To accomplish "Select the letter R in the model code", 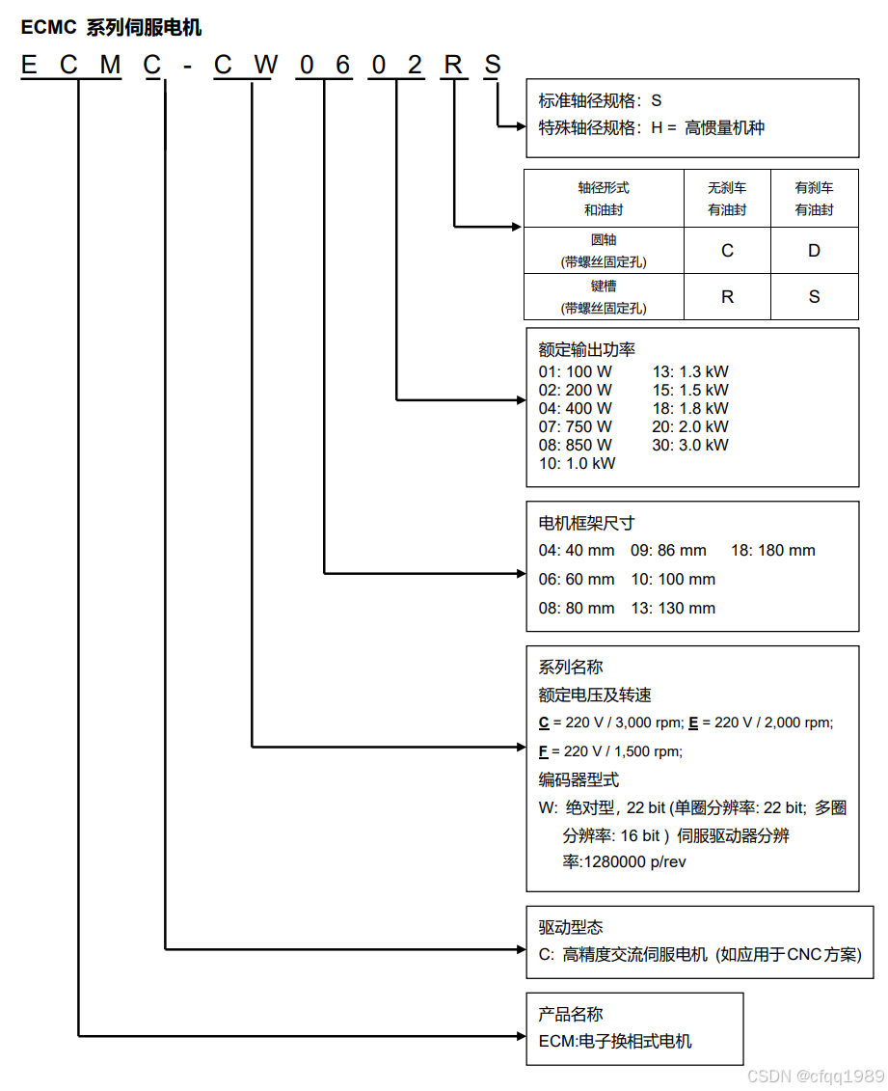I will coord(452,66).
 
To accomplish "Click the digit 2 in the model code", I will coord(414,66).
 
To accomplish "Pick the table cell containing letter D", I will coord(814,251).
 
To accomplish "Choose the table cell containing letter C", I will coord(727,251).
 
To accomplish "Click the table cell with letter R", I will coord(727,297).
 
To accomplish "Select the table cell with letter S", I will coord(814,297).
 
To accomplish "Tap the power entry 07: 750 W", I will coord(575,426).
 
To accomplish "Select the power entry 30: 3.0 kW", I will coord(689,445).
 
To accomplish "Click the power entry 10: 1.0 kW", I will coord(577,463).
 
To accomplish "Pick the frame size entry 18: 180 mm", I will coord(772,551).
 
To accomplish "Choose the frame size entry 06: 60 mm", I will coord(577,580).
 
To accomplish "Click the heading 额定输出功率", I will coord(586,350).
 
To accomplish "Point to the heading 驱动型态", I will coord(571,928).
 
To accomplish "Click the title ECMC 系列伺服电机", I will coord(111,28).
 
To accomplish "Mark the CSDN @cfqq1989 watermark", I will coord(816,1076).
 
